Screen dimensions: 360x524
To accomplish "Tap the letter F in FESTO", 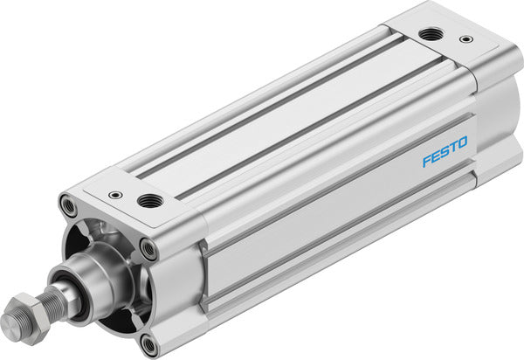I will [425, 161].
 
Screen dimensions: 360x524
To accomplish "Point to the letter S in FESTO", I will [444, 151].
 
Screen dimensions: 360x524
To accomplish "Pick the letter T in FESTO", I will [453, 146].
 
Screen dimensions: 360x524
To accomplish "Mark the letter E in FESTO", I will [434, 156].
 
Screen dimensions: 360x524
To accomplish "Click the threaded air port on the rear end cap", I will [429, 34].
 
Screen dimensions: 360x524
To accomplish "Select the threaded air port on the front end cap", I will [147, 201].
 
